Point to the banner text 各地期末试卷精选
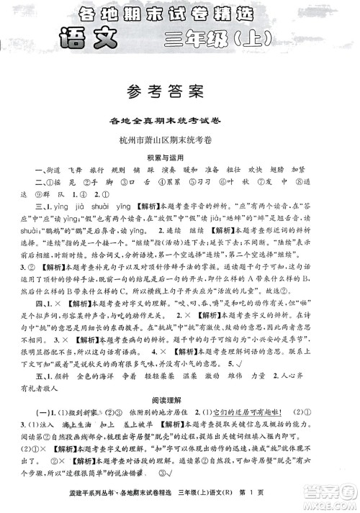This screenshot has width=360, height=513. tap(180, 11)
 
